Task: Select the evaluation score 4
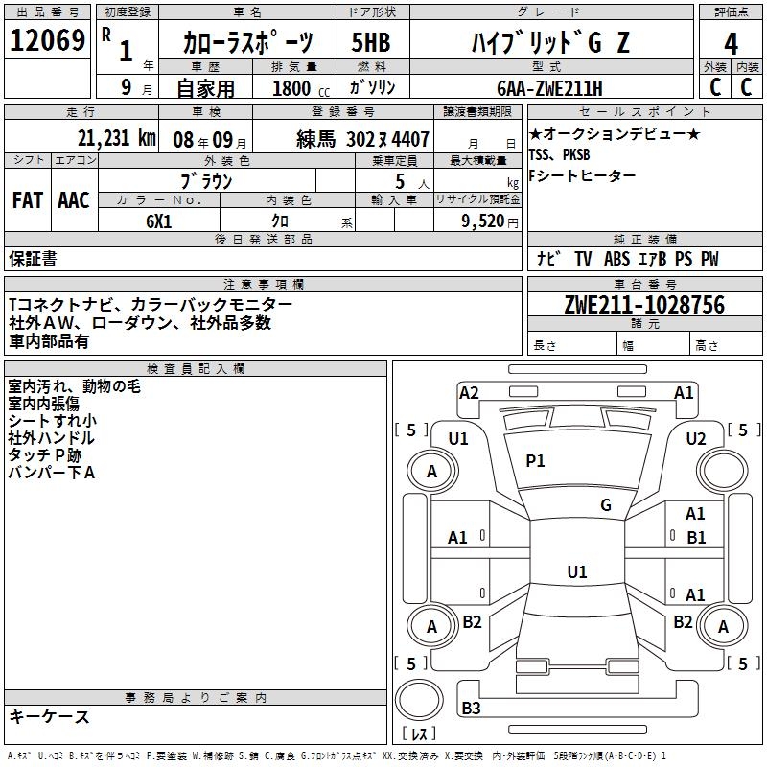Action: click(731, 43)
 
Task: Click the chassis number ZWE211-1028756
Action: click(644, 306)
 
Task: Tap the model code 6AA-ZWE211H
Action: click(549, 88)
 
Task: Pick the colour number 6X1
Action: click(159, 220)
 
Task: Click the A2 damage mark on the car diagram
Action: click(469, 392)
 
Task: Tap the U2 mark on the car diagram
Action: click(696, 439)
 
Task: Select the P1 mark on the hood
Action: click(535, 461)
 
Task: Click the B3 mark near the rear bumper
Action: click(471, 709)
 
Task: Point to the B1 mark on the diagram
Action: click(696, 538)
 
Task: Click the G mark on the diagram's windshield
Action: click(606, 505)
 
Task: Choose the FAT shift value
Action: click(28, 200)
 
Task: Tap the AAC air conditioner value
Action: click(74, 200)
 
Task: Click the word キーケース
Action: click(50, 717)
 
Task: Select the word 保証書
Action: click(33, 259)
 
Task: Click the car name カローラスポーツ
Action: click(248, 43)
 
